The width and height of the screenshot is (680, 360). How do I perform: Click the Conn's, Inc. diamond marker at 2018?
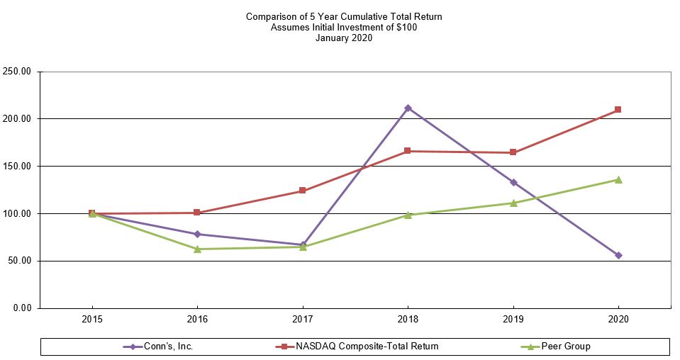[x=407, y=108]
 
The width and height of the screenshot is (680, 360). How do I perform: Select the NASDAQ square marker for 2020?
[x=618, y=110]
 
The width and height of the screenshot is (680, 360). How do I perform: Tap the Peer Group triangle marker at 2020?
[x=618, y=179]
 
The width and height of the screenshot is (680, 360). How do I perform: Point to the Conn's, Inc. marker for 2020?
[x=618, y=255]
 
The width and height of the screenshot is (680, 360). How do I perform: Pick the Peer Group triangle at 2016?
[x=197, y=249]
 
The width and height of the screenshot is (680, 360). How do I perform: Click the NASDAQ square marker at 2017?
[x=302, y=191]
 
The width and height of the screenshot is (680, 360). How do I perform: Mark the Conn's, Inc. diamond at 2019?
[x=513, y=182]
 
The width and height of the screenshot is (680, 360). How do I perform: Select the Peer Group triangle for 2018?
[x=407, y=215]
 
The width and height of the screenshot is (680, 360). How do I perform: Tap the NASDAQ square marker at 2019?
[x=513, y=152]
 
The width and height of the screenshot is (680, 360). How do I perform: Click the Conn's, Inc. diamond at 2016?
[x=197, y=234]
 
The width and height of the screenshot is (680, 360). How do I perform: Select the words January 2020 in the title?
[x=344, y=38]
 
